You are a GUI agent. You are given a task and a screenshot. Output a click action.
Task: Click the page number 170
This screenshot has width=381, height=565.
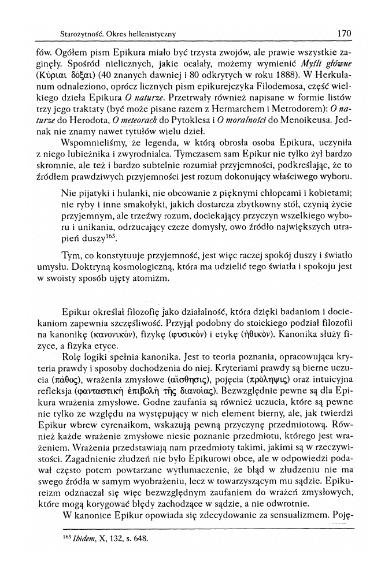(x=343, y=33)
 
